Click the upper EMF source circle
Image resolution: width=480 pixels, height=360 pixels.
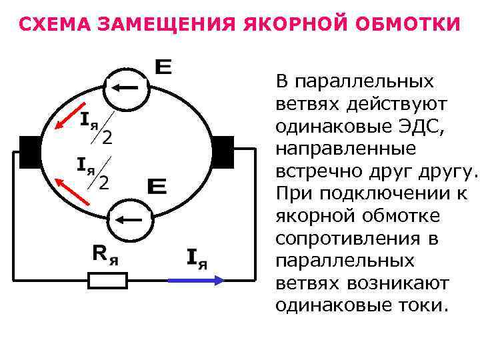(x=129, y=87)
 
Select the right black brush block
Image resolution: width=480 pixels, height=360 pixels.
(x=222, y=152)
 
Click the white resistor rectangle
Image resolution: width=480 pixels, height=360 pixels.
(x=108, y=280)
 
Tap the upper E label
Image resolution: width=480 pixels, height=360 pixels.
(x=163, y=67)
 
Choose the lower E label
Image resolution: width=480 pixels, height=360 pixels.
(x=157, y=187)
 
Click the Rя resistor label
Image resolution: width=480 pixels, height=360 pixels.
(x=105, y=253)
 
